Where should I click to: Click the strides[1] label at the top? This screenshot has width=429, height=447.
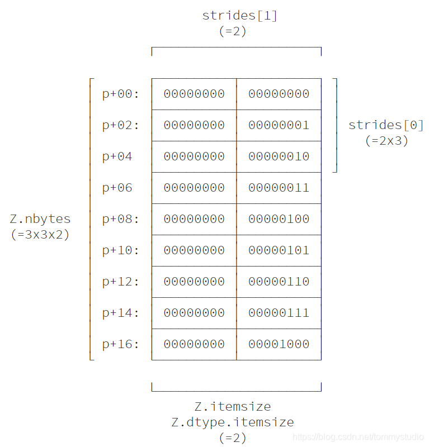coord(239,16)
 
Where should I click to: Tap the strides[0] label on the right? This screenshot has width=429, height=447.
coord(386,125)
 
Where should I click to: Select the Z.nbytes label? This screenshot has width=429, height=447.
coord(40,219)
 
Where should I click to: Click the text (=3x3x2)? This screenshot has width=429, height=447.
coord(40,235)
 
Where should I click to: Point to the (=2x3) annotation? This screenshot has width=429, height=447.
coord(386,141)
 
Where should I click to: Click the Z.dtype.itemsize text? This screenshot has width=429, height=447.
coord(233,422)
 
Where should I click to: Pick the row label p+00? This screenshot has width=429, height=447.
coord(120,94)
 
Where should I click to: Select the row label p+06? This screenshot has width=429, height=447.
coord(117,188)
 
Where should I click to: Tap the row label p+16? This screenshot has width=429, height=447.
coord(120,344)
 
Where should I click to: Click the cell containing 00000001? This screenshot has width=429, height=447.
coord(279,125)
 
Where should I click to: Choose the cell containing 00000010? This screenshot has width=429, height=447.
coord(279,156)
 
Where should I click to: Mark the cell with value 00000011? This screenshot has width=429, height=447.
coord(279,188)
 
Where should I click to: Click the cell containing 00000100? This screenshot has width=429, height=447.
coord(279,219)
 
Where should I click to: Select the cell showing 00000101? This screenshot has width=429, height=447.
coord(279,250)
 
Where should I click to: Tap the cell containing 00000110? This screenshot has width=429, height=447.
coord(279,282)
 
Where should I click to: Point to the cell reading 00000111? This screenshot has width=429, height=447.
coord(279,313)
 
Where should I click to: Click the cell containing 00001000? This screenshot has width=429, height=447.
coord(279,344)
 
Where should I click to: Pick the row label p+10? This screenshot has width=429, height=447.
coord(120,250)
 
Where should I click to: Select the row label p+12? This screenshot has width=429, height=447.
coord(120,282)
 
